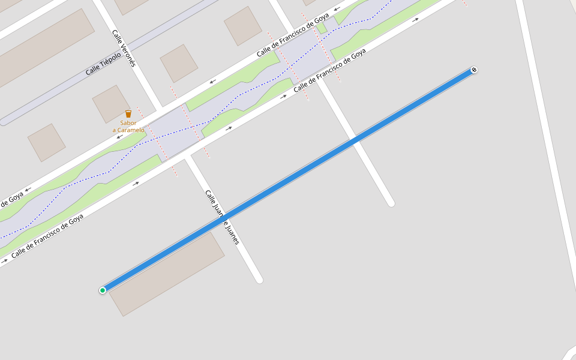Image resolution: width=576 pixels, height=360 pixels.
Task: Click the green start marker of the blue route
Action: click(103, 290)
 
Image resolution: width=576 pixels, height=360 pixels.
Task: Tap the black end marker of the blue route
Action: click(474, 70)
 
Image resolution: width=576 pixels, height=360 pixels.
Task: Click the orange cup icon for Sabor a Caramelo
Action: click(128, 113)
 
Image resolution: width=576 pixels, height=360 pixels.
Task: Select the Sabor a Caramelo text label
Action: click(128, 127)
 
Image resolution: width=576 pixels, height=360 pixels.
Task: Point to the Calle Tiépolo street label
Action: click(103, 63)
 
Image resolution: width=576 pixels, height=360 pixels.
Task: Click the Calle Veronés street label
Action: click(124, 48)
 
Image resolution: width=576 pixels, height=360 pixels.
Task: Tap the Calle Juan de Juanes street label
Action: click(222, 217)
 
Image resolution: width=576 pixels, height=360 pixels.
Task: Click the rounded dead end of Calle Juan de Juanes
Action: click(259, 279)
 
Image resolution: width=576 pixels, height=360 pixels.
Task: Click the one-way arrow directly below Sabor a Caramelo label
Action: click(119, 137)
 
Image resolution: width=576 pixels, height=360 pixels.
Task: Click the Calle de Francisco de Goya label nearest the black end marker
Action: click(329, 71)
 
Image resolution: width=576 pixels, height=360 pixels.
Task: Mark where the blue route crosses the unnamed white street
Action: click(355, 140)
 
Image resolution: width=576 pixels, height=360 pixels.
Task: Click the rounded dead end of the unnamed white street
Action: click(391, 203)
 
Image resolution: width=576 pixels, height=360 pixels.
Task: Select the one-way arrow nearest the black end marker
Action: click(415, 20)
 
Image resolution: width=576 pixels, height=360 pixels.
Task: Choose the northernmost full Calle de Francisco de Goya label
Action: click(292, 35)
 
